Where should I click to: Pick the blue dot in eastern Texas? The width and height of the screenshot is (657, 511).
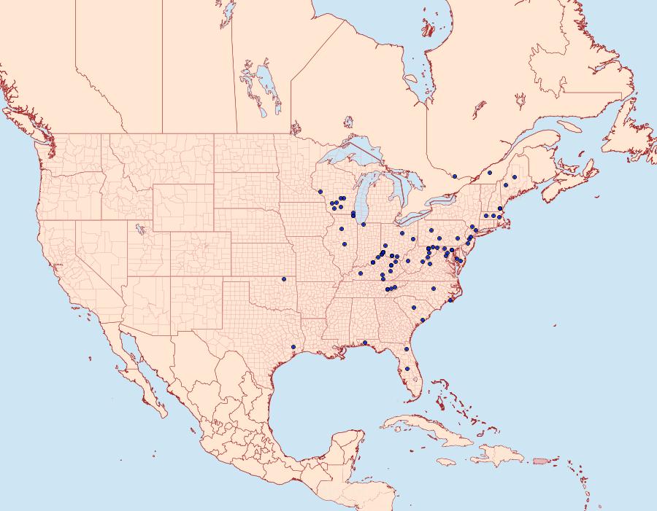click(x=293, y=346)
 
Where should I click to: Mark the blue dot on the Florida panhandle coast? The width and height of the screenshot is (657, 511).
click(x=364, y=343)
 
